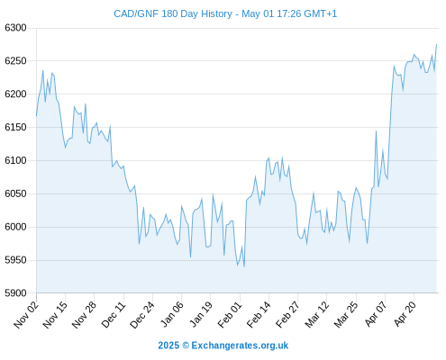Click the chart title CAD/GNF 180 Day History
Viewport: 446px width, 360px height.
[x=173, y=13]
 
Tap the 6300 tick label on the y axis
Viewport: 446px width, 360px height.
[x=15, y=28]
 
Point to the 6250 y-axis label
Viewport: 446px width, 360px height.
[x=15, y=61]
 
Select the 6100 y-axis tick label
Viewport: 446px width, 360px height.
[x=15, y=160]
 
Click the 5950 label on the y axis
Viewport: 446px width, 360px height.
[x=15, y=260]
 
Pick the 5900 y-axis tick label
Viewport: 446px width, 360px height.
[x=15, y=293]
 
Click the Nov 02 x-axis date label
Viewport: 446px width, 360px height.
[x=26, y=315]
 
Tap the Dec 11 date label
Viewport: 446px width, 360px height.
[x=114, y=315]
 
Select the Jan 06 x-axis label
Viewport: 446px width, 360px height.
[x=172, y=315]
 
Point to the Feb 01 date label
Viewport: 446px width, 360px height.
[x=230, y=315]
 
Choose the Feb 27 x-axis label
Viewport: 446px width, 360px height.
[x=287, y=315]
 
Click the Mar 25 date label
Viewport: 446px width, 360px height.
[x=346, y=315]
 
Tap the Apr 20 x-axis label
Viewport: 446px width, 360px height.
[x=405, y=314]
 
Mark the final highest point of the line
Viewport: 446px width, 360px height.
[x=436, y=44]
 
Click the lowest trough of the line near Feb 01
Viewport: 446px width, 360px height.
[x=244, y=266]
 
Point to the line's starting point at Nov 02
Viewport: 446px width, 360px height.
[x=37, y=115]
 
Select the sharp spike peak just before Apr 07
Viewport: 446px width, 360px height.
[x=376, y=130]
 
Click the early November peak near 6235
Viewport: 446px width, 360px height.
[x=43, y=71]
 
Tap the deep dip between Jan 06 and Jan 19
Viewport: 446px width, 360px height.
[x=190, y=257]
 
